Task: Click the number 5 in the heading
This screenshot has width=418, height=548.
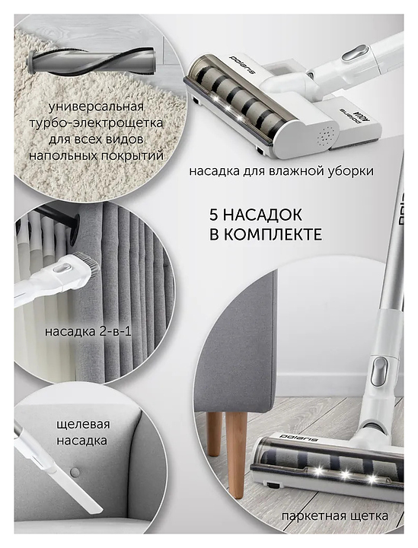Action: point(214,215)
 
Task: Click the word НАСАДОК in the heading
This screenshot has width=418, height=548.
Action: point(262,215)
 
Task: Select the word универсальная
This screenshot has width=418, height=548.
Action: point(97,107)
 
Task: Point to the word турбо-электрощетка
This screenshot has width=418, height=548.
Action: point(96,123)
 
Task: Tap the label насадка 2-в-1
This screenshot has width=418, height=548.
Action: point(88,331)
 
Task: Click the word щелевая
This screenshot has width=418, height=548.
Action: point(83,425)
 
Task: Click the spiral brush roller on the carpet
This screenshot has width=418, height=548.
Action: point(91,62)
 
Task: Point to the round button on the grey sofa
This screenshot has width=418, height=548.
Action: point(75,473)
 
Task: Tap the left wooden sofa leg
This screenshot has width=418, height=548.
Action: point(215,434)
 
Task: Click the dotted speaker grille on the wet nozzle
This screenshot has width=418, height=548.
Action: point(326,136)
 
